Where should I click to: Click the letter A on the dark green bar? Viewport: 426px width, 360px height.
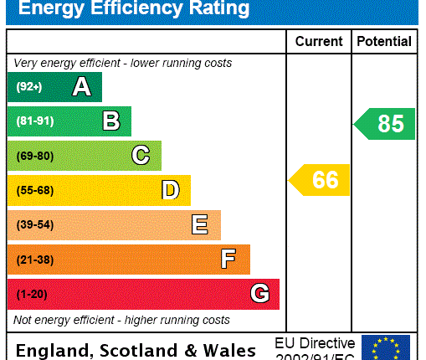click(x=81, y=87)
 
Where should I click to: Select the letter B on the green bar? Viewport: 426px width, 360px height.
click(x=111, y=121)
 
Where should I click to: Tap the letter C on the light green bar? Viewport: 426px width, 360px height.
click(x=141, y=156)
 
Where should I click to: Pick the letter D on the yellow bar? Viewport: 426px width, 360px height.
click(x=170, y=190)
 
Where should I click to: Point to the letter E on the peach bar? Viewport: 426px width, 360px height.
click(x=200, y=224)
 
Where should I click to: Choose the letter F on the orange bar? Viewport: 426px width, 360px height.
click(x=228, y=260)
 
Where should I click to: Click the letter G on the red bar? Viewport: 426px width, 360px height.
click(x=259, y=294)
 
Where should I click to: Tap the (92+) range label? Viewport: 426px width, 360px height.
click(x=28, y=87)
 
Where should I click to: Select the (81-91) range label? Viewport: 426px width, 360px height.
click(x=34, y=121)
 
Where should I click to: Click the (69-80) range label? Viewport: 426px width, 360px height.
click(x=34, y=156)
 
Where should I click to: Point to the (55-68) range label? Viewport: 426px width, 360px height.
click(x=34, y=190)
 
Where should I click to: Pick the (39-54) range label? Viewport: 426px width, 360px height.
click(x=34, y=225)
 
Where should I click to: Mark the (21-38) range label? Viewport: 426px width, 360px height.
click(x=34, y=260)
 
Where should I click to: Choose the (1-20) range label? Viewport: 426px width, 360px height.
click(x=32, y=294)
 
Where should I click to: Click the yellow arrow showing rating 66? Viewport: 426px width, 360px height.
click(x=321, y=180)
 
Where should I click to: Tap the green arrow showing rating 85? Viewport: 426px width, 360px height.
click(x=386, y=124)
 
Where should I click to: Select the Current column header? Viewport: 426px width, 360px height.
click(x=319, y=41)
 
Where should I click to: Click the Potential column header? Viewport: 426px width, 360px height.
click(x=384, y=41)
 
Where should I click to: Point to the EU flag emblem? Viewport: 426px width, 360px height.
click(x=385, y=347)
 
